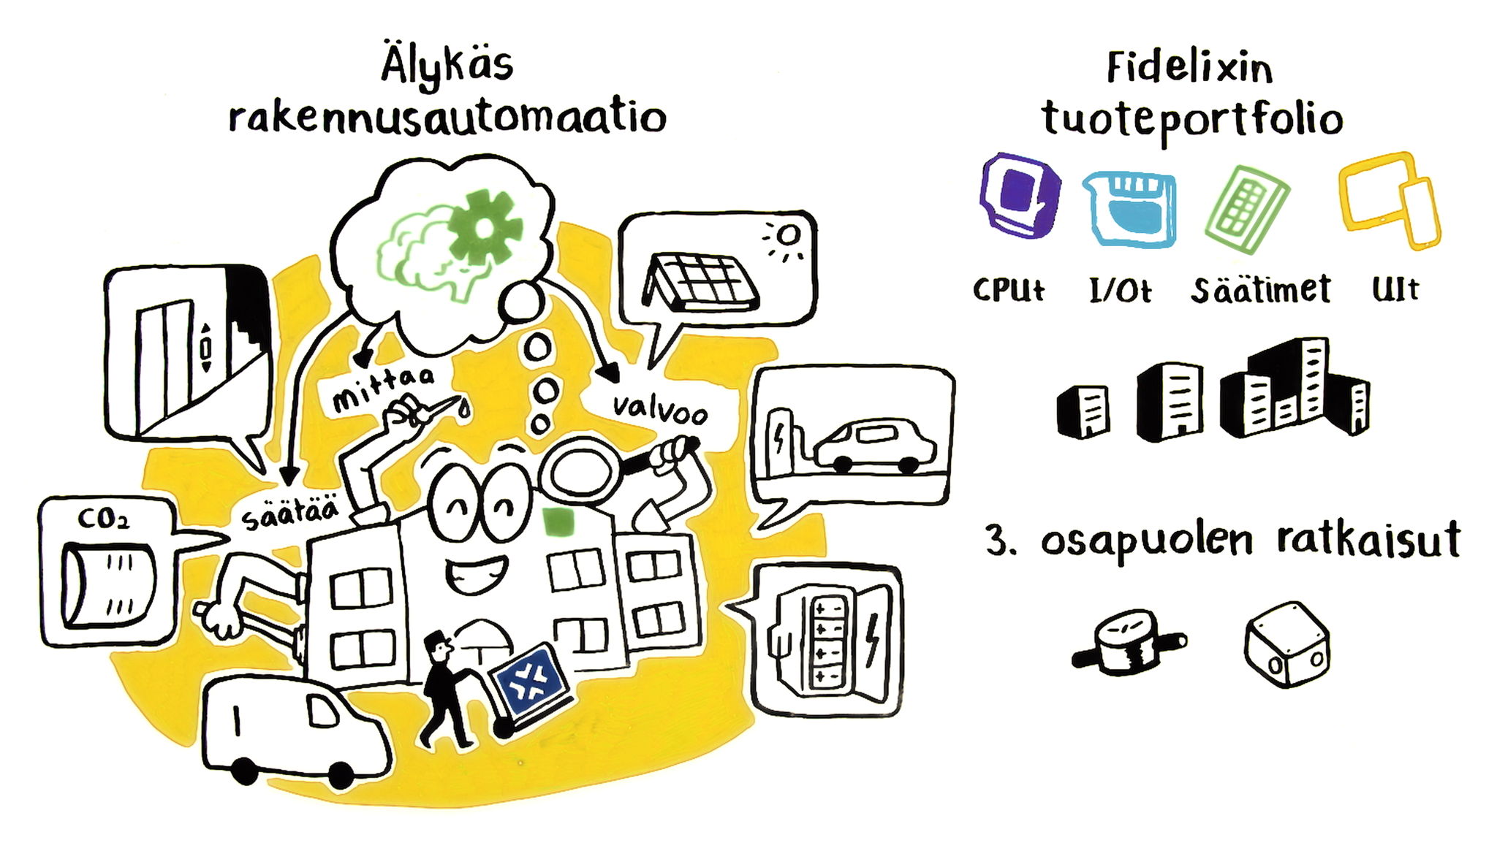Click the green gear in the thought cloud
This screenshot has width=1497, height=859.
[x=483, y=224]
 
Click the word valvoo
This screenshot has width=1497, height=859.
[x=659, y=410]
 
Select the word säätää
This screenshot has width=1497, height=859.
[x=290, y=512]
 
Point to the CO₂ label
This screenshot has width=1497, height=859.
[x=103, y=519]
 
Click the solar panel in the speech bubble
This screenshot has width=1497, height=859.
[x=702, y=281]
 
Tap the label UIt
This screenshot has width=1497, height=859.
[x=1395, y=289]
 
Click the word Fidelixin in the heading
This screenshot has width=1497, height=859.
[x=1189, y=69]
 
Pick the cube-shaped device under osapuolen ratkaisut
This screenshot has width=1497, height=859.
[x=1286, y=644]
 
